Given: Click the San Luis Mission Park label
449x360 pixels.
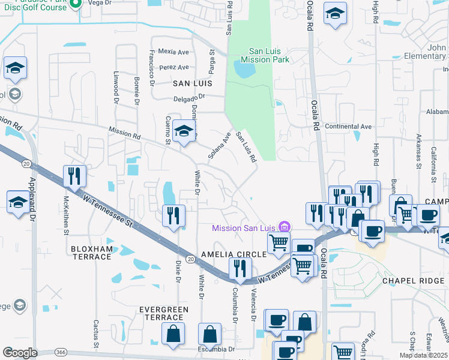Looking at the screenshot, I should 265,56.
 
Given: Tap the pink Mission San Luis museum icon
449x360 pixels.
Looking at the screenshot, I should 285,227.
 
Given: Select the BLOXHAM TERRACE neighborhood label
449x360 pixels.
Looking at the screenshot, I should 91,253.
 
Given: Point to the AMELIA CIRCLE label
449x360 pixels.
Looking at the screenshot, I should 234,254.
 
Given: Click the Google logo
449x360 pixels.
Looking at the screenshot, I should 20,353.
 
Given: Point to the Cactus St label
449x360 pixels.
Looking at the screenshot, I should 95,333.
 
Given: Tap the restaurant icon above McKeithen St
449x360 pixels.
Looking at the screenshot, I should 74,176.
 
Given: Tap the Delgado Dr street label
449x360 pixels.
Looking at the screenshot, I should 190,96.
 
